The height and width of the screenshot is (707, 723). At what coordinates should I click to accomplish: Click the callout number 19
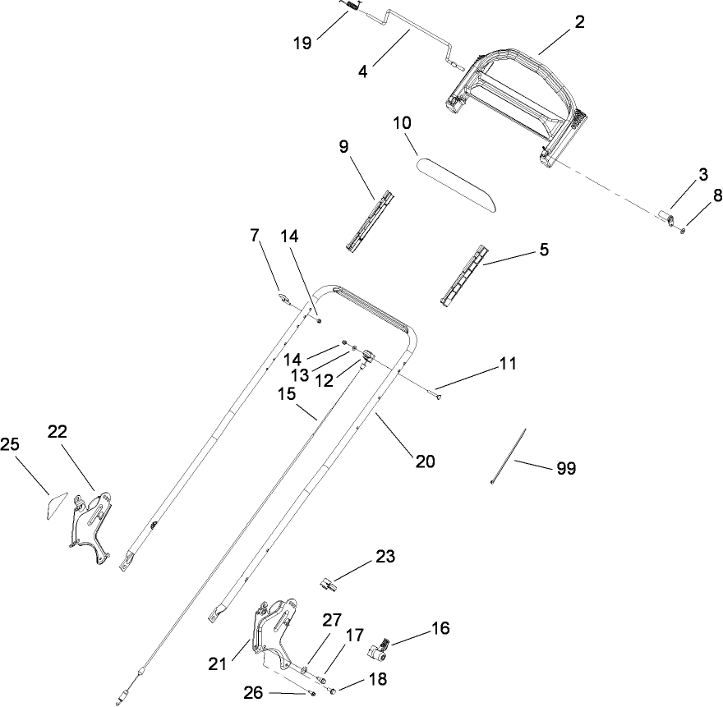pos(302,43)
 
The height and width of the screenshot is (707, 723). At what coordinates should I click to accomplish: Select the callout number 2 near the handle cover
pos(579,23)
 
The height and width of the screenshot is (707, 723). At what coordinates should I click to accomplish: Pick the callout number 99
pos(566,469)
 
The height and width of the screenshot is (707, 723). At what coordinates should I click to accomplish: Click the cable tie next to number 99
pos(509,457)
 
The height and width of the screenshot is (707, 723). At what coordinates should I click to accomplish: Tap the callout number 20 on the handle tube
pos(425,461)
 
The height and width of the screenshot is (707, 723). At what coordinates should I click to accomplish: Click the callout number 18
pos(376,680)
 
